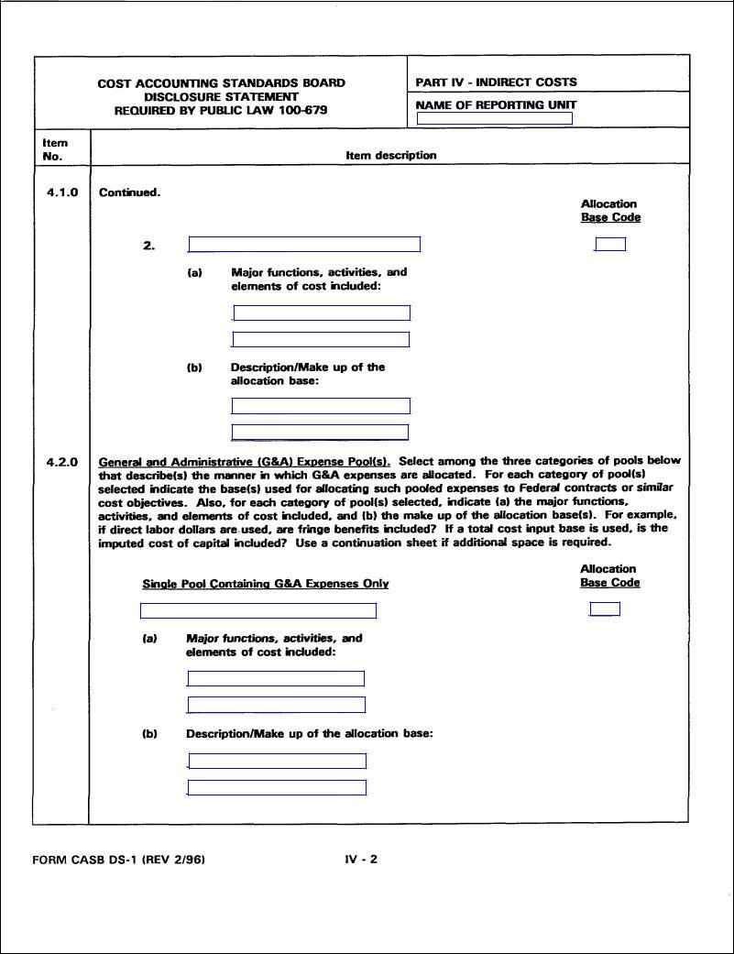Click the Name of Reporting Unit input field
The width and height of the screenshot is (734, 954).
494,118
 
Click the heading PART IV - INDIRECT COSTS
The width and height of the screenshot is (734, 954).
496,82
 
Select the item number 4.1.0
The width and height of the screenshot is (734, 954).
62,192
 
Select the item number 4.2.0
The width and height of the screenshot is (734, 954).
62,462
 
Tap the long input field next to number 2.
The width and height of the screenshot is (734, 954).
304,245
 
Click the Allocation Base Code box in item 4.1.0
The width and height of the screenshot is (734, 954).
610,245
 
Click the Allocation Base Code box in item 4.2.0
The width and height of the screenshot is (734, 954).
605,609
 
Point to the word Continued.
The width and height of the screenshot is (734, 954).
129,192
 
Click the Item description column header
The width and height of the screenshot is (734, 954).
390,156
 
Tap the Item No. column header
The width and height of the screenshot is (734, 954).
55,149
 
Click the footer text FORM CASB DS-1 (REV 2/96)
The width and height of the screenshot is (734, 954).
118,861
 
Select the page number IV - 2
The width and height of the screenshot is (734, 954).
361,860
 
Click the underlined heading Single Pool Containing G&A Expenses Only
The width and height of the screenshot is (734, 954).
265,584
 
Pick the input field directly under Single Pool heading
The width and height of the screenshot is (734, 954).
258,611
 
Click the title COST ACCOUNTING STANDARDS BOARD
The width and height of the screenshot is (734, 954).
221,83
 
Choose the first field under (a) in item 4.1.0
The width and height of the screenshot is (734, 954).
321,313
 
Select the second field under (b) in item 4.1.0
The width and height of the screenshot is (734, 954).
320,433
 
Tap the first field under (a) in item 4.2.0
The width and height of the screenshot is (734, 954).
276,679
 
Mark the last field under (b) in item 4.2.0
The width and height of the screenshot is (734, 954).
277,788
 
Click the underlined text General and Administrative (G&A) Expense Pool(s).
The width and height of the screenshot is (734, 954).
245,461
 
